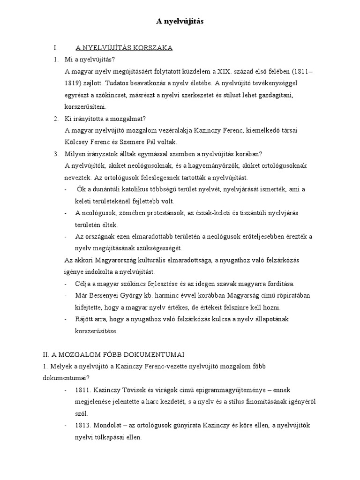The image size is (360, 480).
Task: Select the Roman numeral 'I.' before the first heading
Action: click(56, 48)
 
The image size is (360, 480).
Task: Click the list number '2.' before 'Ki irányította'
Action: click(56, 119)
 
